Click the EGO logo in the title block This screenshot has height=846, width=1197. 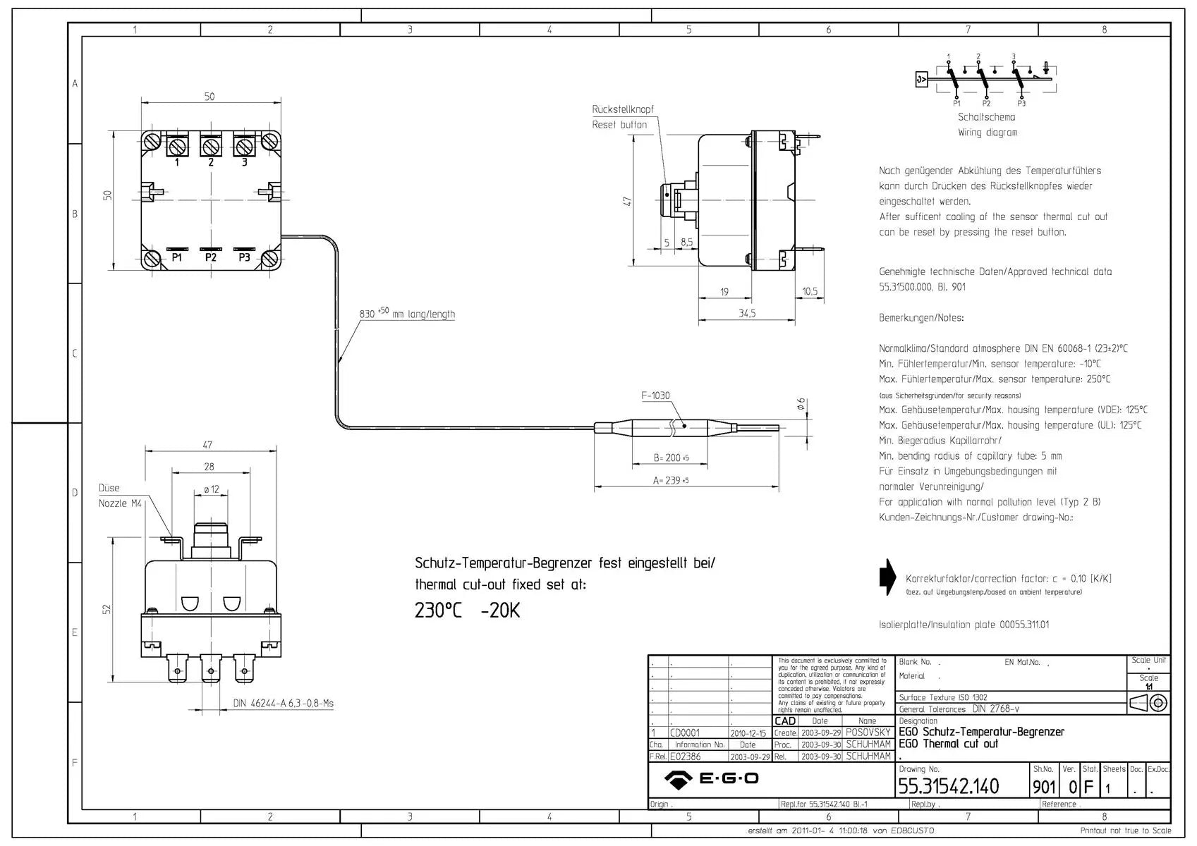point(711,779)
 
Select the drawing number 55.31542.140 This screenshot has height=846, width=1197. point(948,786)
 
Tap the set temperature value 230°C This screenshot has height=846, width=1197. point(438,611)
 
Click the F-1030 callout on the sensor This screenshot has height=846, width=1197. point(655,396)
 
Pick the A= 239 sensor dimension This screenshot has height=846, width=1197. point(670,481)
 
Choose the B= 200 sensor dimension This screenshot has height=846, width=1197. point(670,458)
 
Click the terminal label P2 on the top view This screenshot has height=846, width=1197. point(211,257)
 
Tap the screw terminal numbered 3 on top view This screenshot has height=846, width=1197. point(244,147)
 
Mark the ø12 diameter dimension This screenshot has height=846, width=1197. point(211,489)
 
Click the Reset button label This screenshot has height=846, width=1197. point(619,125)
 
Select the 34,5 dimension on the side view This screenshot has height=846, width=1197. point(747,313)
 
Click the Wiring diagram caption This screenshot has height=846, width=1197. point(987,133)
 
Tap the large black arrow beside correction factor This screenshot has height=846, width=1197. point(887,577)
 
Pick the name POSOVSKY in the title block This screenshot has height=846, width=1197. point(868,732)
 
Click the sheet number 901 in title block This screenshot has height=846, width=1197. point(1044,787)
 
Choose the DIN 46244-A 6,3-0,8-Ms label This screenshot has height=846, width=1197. point(283,704)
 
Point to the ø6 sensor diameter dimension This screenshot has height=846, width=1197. point(801,404)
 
